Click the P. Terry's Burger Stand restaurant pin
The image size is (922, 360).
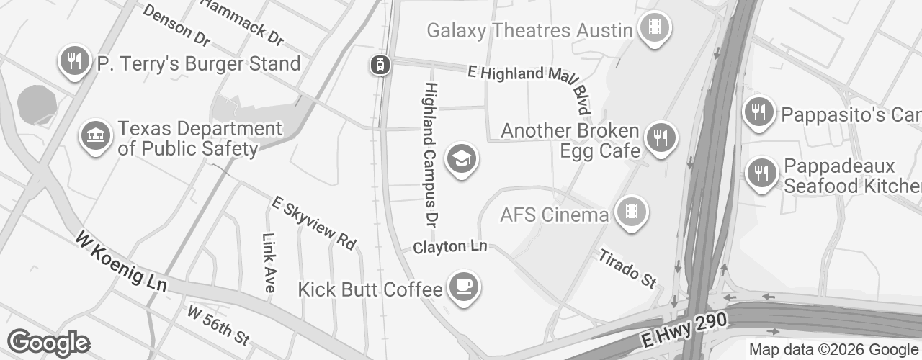click(73, 61)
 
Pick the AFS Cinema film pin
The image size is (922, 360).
click(632, 212)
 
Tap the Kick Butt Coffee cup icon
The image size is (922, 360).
click(462, 287)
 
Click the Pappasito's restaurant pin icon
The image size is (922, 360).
click(758, 112)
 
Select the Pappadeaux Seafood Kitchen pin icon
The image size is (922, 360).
click(759, 174)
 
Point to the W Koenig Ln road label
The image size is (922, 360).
click(120, 261)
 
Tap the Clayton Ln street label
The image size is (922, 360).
click(450, 247)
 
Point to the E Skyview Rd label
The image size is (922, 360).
click(314, 223)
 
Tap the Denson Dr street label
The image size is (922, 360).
click(176, 22)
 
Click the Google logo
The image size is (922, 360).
click(48, 343)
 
